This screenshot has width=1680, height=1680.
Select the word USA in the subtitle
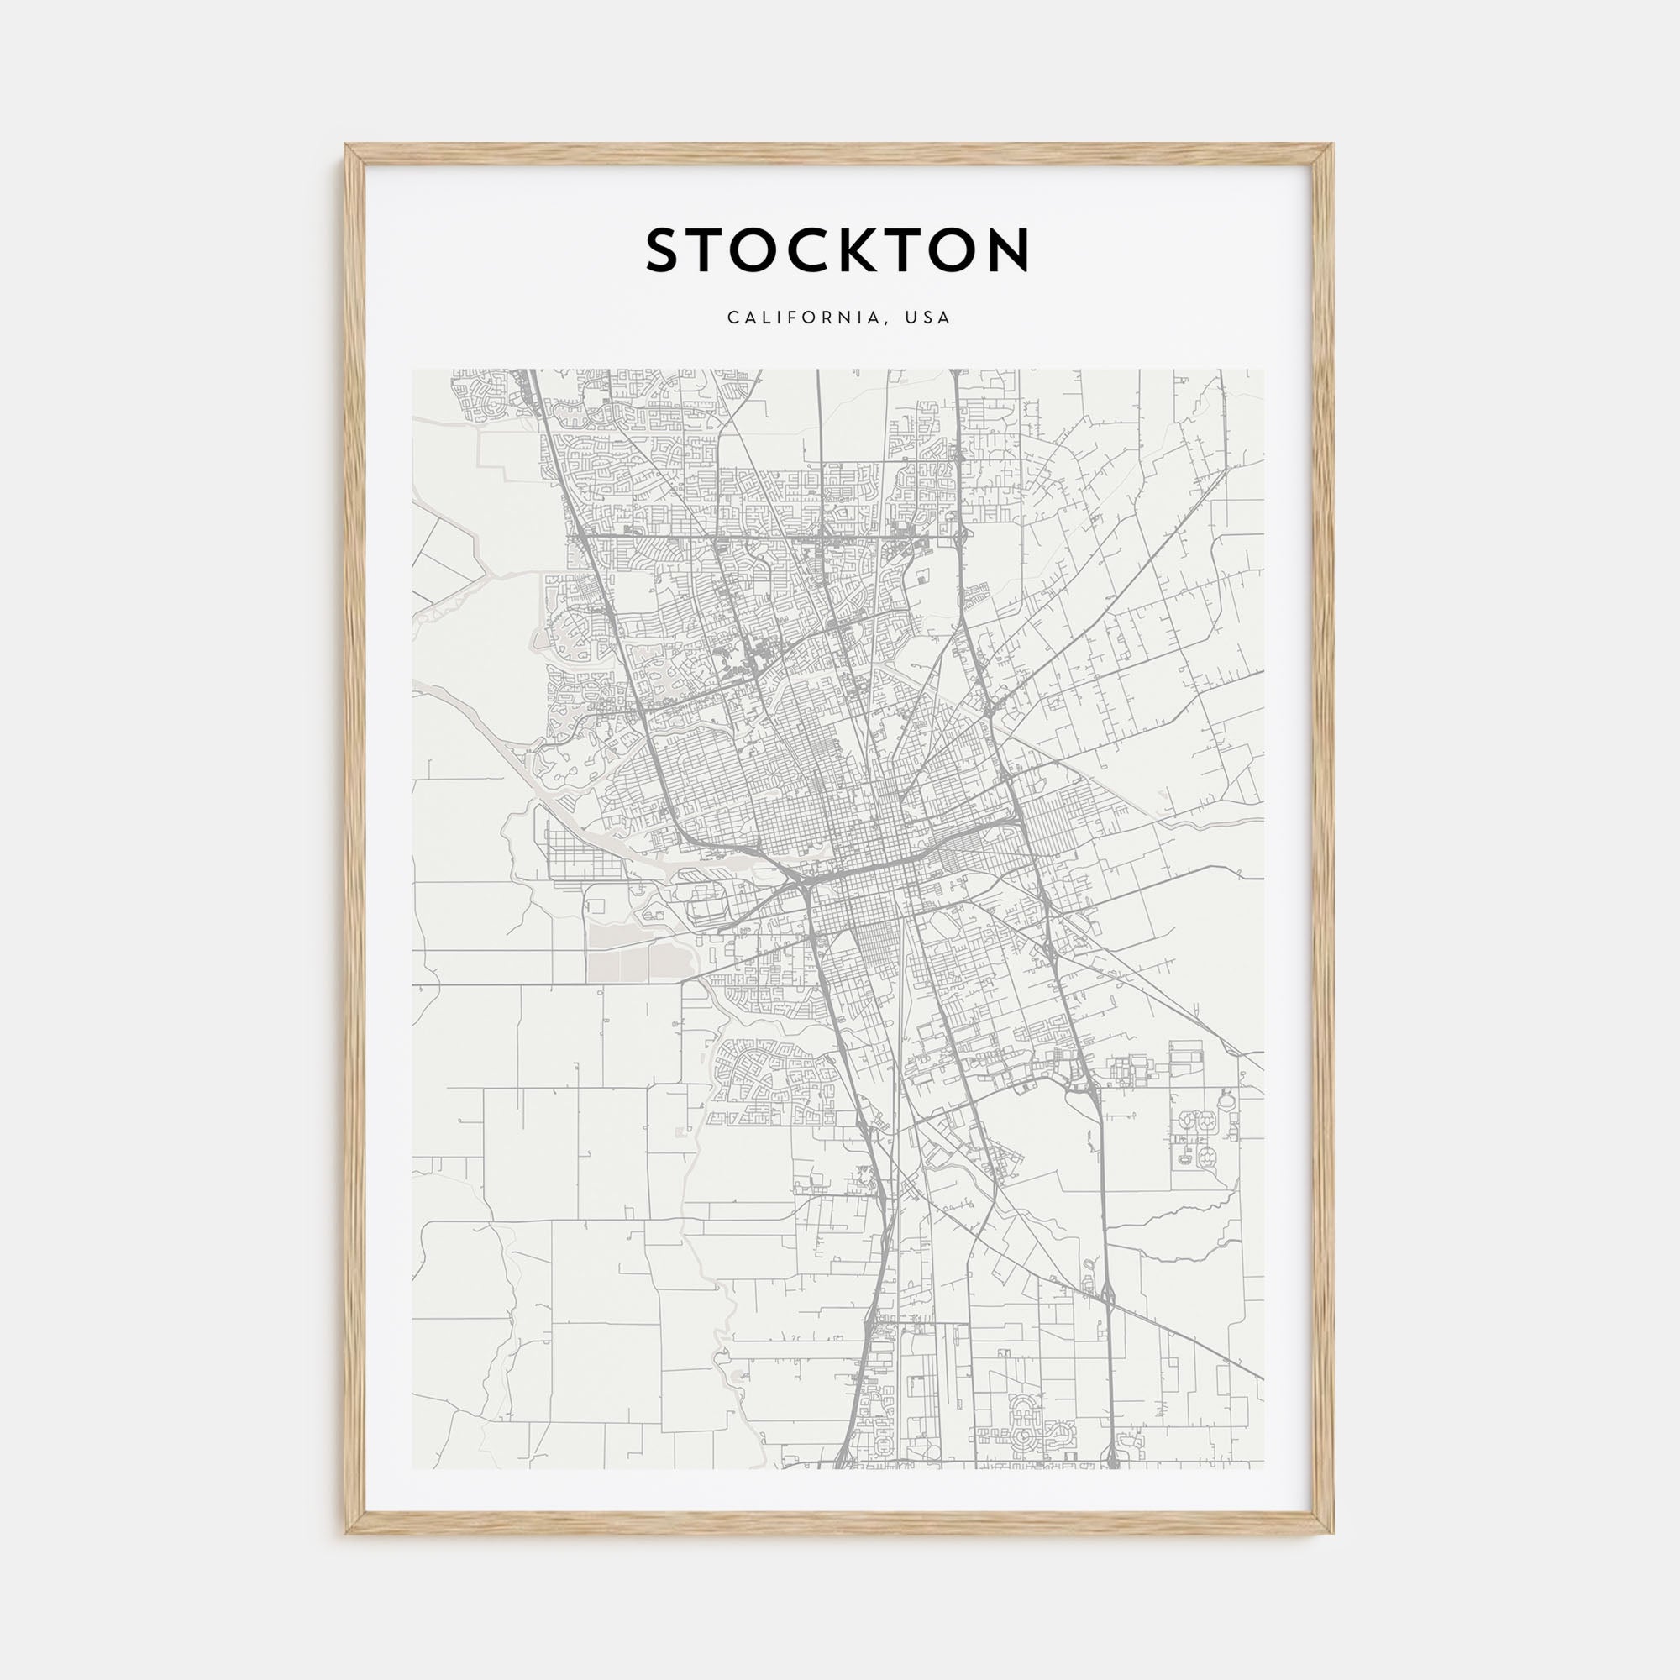click(928, 318)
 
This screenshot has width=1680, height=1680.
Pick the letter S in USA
click(928, 318)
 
